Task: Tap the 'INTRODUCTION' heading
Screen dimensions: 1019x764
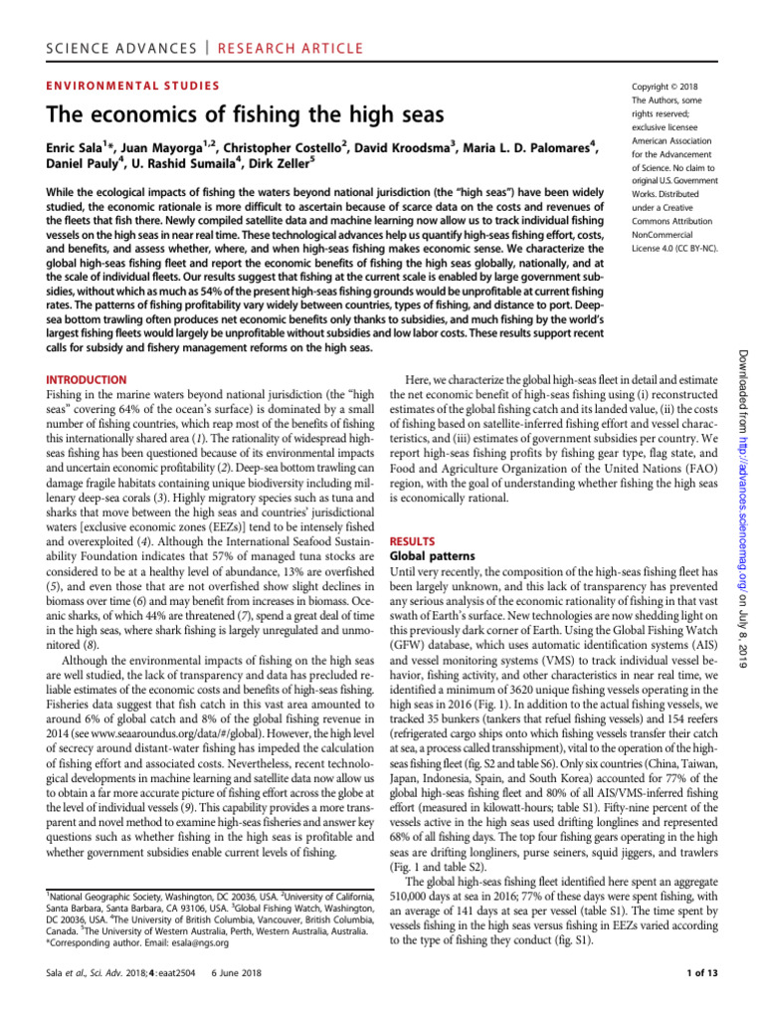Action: pyautogui.click(x=87, y=380)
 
